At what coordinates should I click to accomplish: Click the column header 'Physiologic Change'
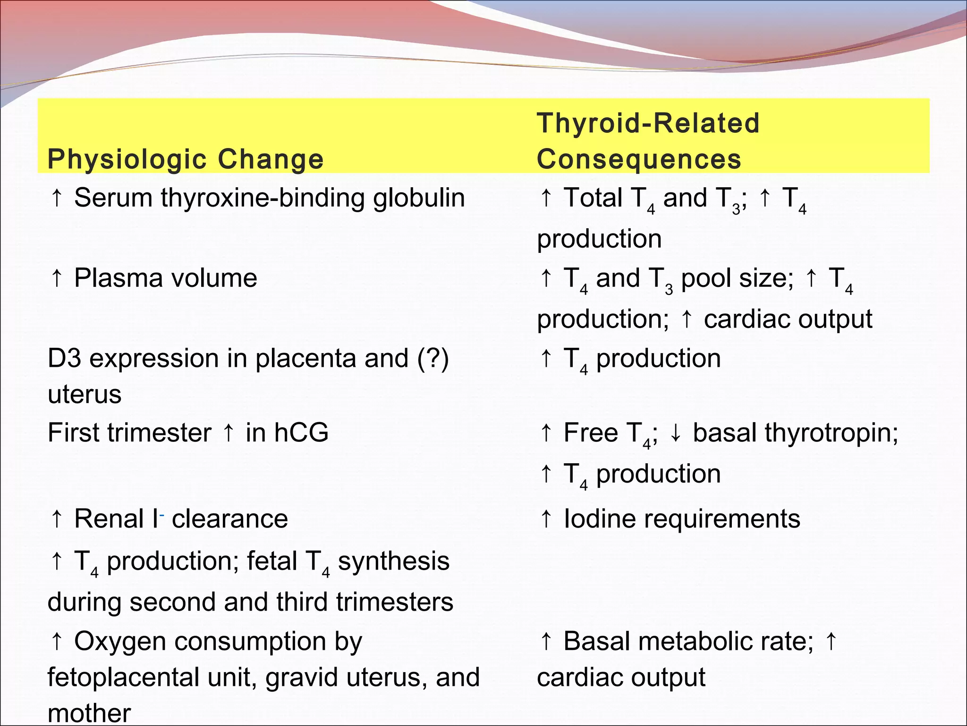[186, 159]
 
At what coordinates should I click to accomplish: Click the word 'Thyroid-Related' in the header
[648, 123]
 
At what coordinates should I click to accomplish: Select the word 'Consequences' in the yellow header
[639, 159]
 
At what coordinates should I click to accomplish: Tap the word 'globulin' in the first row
[419, 198]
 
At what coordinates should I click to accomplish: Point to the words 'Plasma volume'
[165, 278]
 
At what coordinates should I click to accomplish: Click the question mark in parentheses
[433, 358]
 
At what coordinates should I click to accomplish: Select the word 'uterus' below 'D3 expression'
[85, 395]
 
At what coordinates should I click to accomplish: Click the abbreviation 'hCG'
[301, 432]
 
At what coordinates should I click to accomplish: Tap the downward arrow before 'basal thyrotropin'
[676, 432]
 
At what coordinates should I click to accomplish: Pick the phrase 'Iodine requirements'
[682, 519]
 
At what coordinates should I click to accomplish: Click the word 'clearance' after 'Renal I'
[229, 519]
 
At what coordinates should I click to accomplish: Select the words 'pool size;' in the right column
[737, 278]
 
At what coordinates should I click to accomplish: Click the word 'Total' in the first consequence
[593, 198]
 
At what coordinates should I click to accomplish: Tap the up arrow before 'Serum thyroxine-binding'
[57, 198]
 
